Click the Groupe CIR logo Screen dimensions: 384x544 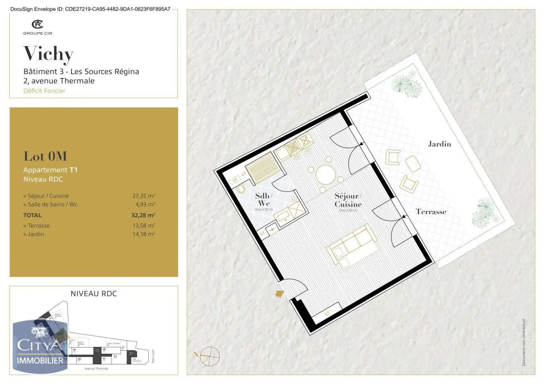coord(37,27)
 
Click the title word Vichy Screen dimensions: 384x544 coord(48,54)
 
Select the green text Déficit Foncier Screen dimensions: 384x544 coord(44,91)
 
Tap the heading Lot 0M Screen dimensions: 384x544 coord(45,156)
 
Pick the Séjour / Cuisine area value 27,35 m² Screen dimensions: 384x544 coord(143,196)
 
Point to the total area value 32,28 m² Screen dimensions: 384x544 coord(143,215)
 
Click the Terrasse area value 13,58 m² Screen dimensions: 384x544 coord(143,226)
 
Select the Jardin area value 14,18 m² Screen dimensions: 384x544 coord(143,234)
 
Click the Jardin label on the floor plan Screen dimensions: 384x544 coord(439,144)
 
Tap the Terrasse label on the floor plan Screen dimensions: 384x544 coord(431,212)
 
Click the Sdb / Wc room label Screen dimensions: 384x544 coord(264,200)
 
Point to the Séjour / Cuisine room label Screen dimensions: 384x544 coord(348,200)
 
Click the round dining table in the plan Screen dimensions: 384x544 coord(326,175)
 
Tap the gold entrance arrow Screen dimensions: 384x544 coord(279,294)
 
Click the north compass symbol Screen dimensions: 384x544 coord(209,356)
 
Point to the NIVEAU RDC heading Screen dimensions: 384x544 coord(93,294)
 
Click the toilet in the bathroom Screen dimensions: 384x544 coord(241,189)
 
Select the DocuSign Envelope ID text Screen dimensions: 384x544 coord(90,9)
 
